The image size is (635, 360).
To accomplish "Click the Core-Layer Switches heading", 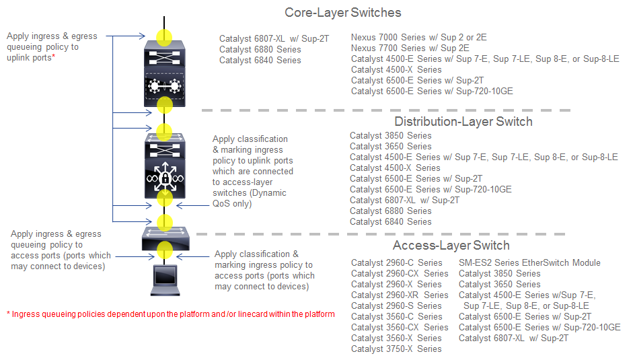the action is pos(342,13).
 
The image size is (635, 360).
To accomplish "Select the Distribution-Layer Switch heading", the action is pos(463,122).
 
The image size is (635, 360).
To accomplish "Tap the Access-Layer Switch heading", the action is pos(451,246).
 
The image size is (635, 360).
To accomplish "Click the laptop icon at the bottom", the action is pos(165,280).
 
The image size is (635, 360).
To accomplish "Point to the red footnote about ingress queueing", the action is pos(171,314).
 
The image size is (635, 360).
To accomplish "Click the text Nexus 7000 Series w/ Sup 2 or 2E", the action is pos(419,37).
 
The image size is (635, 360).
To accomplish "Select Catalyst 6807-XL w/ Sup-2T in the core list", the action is pos(274,39).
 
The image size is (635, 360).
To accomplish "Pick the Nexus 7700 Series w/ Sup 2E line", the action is pos(410,48).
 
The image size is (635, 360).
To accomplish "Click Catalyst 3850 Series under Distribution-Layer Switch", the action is pos(390,136).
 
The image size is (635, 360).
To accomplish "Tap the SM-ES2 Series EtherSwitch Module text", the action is pos(529,263).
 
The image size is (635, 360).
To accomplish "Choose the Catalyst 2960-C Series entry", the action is pos(396,263).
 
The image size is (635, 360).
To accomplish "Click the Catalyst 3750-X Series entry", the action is pos(396,349).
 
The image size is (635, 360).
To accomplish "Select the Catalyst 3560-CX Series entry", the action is pos(400,327).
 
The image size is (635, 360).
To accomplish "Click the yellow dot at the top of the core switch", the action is pos(164,37).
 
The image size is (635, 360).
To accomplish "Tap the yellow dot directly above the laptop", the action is pos(165,250).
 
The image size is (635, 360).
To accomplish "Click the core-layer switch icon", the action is pos(164,73).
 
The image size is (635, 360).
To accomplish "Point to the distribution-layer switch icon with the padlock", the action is pos(165,166).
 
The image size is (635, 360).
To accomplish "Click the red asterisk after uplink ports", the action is pos(53,55).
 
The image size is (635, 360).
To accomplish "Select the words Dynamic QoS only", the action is pos(250,199).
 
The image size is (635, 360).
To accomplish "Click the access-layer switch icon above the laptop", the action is pos(165,239).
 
